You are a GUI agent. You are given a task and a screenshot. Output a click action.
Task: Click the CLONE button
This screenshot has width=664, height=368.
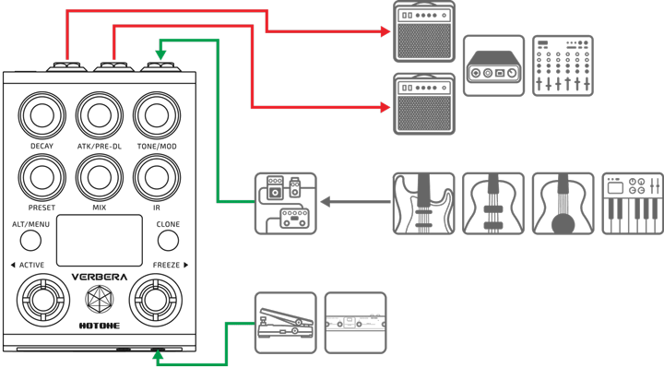168,240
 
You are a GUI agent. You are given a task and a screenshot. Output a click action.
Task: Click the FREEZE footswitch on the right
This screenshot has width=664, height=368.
153,301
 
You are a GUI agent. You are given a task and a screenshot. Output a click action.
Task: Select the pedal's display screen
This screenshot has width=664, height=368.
100,240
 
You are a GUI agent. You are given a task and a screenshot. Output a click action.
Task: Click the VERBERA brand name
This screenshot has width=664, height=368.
100,277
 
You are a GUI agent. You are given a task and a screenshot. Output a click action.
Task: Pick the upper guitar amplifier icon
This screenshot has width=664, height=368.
423,31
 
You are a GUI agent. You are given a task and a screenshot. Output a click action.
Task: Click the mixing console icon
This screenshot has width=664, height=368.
563,65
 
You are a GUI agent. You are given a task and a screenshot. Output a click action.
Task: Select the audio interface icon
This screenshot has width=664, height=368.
493,65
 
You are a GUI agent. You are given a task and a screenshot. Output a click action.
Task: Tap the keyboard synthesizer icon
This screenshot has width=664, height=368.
633,203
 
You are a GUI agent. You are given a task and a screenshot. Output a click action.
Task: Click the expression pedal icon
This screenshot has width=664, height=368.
285,322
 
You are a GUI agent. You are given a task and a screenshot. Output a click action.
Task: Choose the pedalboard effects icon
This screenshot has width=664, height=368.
285,203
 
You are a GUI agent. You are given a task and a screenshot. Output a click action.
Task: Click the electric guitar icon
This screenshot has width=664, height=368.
423,203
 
